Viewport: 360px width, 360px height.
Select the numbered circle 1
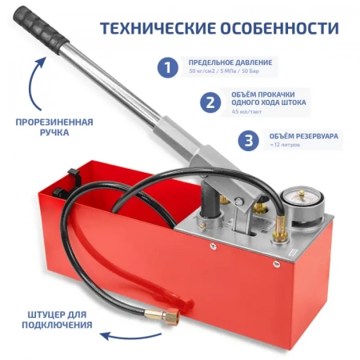166,67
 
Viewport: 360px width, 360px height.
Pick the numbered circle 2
209,102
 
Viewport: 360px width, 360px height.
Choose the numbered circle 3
249,140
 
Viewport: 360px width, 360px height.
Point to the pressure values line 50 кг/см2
230,73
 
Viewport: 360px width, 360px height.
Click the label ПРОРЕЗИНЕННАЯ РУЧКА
54,127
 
